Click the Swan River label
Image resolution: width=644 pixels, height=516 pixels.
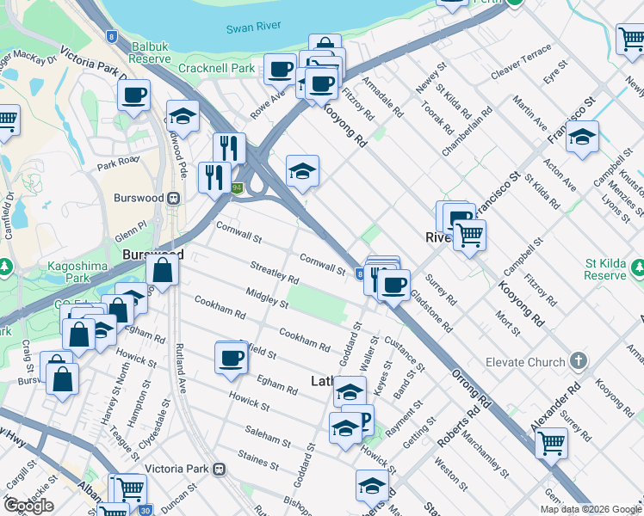click(x=250, y=28)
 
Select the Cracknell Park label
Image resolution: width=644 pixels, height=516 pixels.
click(x=217, y=68)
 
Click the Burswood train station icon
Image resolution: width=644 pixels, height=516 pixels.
click(x=174, y=197)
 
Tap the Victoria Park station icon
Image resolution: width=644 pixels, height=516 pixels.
click(x=220, y=470)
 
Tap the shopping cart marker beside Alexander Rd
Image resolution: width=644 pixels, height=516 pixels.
click(x=551, y=444)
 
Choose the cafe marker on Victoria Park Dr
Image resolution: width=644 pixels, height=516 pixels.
click(x=133, y=97)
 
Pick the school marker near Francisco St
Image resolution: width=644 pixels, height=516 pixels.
click(x=582, y=138)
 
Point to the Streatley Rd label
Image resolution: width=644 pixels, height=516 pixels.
click(x=274, y=273)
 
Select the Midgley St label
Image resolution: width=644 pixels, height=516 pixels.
click(x=266, y=298)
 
